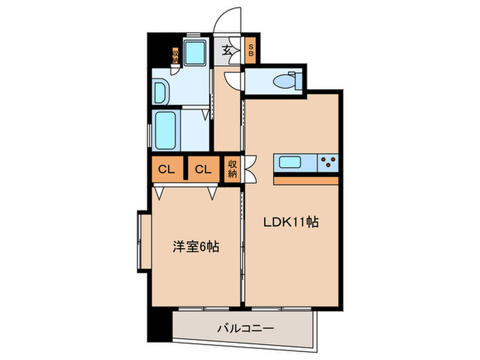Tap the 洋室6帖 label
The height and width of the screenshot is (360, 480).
point(196,246)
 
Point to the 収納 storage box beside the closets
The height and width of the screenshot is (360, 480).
point(232,169)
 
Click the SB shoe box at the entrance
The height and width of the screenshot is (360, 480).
point(251,50)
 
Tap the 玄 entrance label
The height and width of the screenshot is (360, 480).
point(227,50)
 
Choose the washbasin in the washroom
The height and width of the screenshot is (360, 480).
point(162,91)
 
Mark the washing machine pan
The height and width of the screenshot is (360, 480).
point(197,51)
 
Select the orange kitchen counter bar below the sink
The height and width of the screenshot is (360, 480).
point(307,180)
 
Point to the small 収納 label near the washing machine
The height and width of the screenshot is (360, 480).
point(176,56)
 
